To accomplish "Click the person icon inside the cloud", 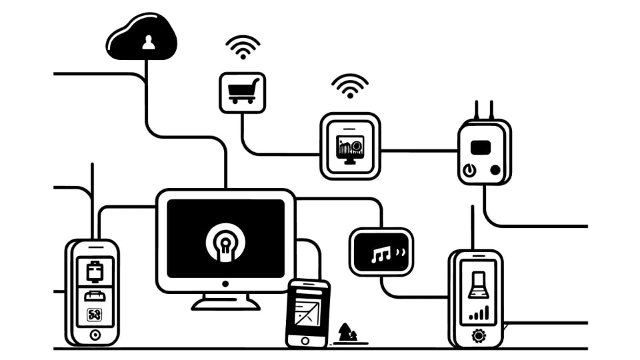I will pyautogui.click(x=148, y=43).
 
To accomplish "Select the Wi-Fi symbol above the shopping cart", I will pyautogui.click(x=242, y=49).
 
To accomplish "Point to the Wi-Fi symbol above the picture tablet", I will pyautogui.click(x=350, y=85).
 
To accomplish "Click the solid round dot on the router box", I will pyautogui.click(x=495, y=170).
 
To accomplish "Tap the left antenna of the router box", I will pyautogui.click(x=476, y=110).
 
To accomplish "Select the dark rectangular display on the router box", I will pyautogui.click(x=481, y=147).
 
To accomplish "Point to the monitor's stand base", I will pyautogui.click(x=225, y=305).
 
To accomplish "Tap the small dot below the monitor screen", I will pyautogui.click(x=225, y=283).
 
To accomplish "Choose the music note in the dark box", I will pyautogui.click(x=380, y=254).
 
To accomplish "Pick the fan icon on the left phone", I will pyautogui.click(x=93, y=315).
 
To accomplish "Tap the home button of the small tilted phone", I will pyautogui.click(x=305, y=340).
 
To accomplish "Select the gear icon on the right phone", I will pyautogui.click(x=478, y=336).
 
